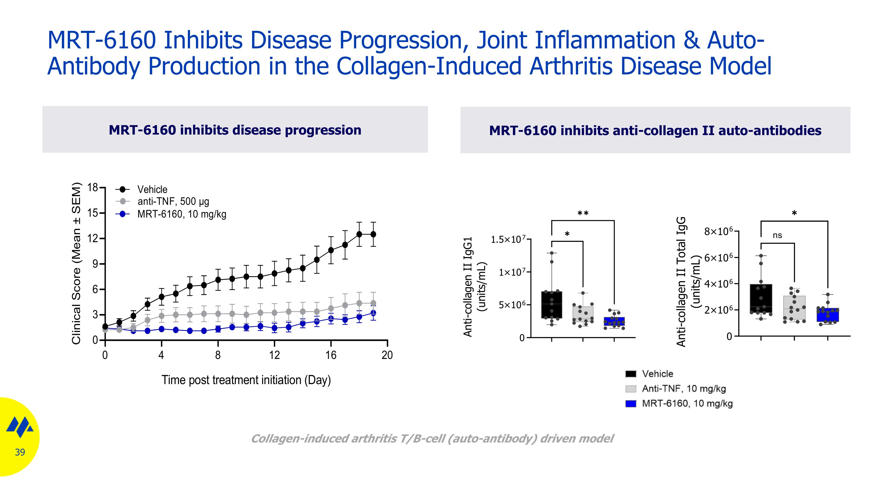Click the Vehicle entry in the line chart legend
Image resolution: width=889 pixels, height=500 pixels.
152,189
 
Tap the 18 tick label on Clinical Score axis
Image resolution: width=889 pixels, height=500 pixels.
92,188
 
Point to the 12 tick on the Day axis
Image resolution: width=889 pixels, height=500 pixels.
274,355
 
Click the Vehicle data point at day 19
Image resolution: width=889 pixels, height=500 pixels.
373,234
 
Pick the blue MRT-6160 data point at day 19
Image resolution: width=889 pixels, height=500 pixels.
373,313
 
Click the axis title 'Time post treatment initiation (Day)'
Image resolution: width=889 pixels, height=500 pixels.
246,380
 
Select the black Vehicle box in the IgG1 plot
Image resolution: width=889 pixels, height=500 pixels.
551,305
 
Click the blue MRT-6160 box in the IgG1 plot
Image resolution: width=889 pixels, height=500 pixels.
614,321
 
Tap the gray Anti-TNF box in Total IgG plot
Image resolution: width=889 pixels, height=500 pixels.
794,308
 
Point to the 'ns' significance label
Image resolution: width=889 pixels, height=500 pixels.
777,235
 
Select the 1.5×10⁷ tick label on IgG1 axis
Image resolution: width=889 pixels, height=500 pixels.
508,239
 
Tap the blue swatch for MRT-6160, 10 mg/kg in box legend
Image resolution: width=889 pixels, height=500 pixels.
631,404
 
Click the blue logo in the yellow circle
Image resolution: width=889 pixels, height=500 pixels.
20,427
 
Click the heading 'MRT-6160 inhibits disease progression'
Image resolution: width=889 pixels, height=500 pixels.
235,130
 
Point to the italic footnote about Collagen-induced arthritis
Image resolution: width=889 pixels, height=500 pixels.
432,439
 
